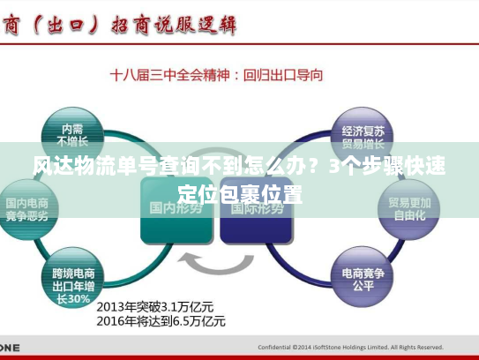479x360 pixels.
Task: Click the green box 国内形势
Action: [x=177, y=208]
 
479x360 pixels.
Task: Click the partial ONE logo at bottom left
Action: [x=9, y=347]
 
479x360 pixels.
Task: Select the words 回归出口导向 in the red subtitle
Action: [x=283, y=76]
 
